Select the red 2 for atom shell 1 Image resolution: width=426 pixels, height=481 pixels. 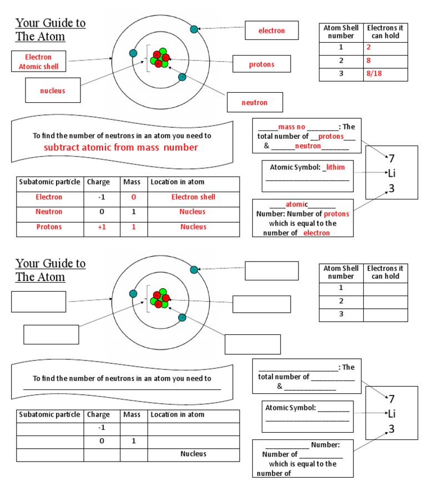pyautogui.click(x=368, y=47)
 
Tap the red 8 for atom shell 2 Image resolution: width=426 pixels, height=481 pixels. pyautogui.click(x=368, y=61)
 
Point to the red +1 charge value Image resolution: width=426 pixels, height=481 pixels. pyautogui.click(x=102, y=227)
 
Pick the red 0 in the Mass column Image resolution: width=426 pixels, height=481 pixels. pyautogui.click(x=133, y=197)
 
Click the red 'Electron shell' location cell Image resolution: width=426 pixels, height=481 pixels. pyautogui.click(x=193, y=197)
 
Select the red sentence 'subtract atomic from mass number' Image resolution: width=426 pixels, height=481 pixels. pyautogui.click(x=120, y=147)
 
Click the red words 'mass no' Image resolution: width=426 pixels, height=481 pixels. pyautogui.click(x=292, y=127)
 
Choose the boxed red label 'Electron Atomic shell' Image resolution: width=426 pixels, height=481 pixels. pyautogui.click(x=38, y=62)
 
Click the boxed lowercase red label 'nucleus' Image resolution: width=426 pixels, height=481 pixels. pyautogui.click(x=52, y=90)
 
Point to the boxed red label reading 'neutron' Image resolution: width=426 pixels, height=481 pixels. pyautogui.click(x=254, y=103)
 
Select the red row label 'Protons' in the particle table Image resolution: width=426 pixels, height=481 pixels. pyautogui.click(x=49, y=227)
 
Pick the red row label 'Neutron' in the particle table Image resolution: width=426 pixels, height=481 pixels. pyautogui.click(x=49, y=212)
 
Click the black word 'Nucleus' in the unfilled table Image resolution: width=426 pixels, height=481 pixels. pyautogui.click(x=193, y=454)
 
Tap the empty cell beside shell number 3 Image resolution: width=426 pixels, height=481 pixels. pyautogui.click(x=385, y=314)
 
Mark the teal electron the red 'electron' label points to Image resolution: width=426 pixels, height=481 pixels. pyautogui.click(x=194, y=29)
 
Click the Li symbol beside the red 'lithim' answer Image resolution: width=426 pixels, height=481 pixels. pyautogui.click(x=392, y=173)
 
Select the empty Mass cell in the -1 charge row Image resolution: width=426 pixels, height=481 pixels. pyautogui.click(x=133, y=428)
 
